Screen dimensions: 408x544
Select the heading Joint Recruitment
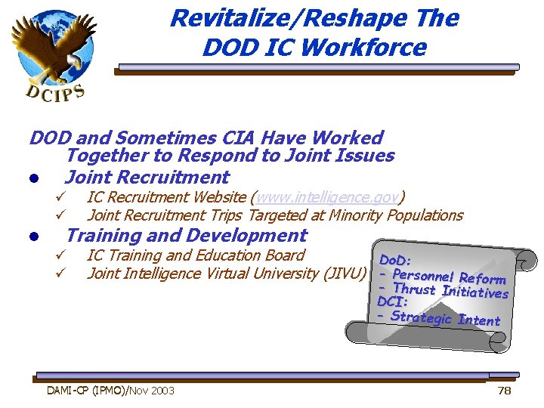click(x=147, y=178)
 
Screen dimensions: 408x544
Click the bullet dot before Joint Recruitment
click(x=34, y=179)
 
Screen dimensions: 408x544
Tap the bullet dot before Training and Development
click(x=34, y=237)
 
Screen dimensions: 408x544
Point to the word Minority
click(x=355, y=215)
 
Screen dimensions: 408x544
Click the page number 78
click(x=505, y=391)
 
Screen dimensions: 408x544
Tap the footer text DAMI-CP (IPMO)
click(x=86, y=391)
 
